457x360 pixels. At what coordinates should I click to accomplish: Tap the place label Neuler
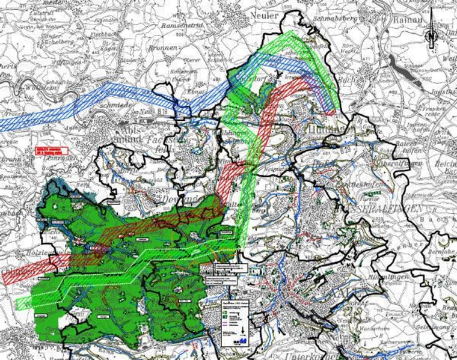(x=265, y=16)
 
